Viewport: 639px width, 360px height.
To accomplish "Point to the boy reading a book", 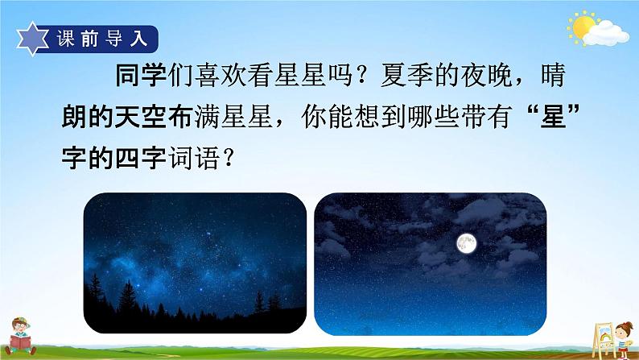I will point(27,333).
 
